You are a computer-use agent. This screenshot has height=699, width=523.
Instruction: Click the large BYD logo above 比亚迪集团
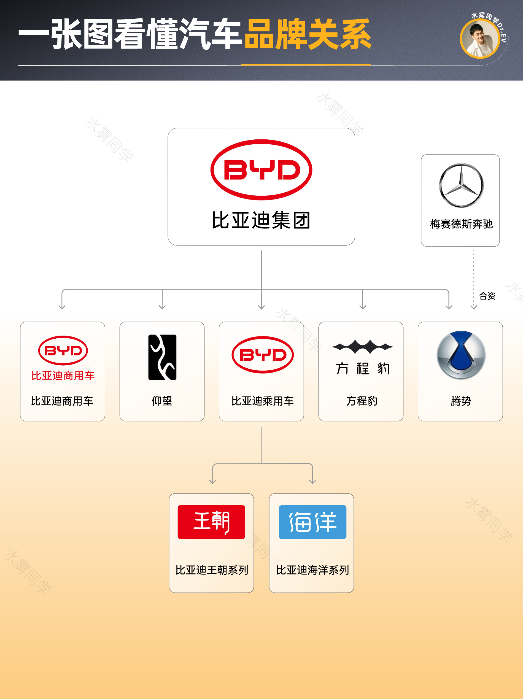click(261, 170)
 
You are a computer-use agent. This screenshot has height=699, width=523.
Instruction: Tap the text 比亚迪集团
click(261, 220)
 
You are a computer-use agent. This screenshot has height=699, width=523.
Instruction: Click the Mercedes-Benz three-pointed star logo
click(461, 185)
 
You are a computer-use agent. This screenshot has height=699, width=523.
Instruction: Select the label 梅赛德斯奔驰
click(461, 224)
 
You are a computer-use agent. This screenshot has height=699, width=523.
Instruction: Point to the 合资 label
click(487, 296)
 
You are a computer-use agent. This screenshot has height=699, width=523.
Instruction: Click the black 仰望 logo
click(162, 357)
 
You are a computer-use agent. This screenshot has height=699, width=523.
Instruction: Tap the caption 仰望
click(162, 401)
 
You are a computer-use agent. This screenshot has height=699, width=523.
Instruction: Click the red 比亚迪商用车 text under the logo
click(63, 376)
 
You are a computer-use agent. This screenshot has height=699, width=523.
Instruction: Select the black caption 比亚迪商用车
click(62, 401)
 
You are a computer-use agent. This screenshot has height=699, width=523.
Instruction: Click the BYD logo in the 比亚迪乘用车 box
click(263, 355)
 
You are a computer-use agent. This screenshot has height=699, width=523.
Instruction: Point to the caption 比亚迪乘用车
click(262, 401)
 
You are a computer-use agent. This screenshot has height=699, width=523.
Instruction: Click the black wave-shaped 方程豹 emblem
click(362, 347)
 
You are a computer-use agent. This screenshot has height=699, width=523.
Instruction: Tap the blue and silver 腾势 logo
click(461, 355)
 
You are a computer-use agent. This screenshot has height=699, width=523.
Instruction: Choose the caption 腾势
click(461, 401)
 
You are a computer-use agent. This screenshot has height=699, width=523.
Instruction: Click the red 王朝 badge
click(211, 522)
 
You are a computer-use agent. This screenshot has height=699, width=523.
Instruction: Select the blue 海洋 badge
click(312, 522)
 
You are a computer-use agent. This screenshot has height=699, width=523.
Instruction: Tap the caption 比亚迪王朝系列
click(212, 570)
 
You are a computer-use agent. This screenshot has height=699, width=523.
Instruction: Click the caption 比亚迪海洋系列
click(312, 570)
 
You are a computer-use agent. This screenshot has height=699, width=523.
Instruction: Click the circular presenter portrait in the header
click(479, 39)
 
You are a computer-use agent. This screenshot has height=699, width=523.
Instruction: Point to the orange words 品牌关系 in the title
click(308, 34)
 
